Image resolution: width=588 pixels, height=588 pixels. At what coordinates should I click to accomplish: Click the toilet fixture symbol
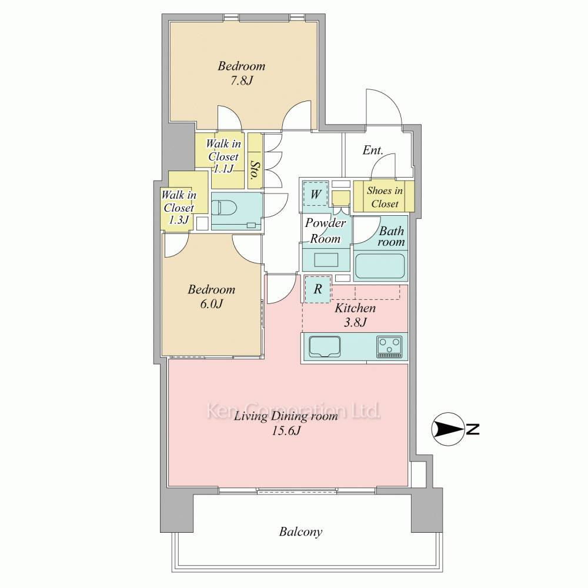tap(224, 207)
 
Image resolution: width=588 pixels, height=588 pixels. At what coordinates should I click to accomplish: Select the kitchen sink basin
tap(325, 346)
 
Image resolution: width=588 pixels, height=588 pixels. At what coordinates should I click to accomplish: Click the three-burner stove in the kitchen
tap(390, 347)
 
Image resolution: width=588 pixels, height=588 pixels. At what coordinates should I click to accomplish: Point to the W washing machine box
tap(315, 194)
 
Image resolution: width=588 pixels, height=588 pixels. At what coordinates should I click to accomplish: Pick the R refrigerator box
tap(318, 289)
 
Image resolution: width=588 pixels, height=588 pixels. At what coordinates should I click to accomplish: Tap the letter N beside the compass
tap(473, 429)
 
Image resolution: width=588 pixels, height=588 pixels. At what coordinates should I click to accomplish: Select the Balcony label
tap(300, 532)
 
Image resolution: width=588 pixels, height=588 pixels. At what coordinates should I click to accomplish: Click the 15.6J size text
tap(286, 431)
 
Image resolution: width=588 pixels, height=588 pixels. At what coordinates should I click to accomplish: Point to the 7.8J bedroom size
tap(242, 81)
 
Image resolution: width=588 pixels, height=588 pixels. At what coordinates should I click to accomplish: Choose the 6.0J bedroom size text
tap(211, 304)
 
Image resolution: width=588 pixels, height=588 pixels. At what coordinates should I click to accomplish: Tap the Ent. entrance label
tap(373, 151)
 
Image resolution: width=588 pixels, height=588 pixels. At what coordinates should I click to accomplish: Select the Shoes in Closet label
tap(385, 197)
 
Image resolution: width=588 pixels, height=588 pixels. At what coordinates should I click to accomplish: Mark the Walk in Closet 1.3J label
tap(179, 208)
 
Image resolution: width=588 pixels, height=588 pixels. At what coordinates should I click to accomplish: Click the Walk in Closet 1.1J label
tap(223, 156)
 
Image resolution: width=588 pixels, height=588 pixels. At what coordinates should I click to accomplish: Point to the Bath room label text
tap(391, 236)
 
